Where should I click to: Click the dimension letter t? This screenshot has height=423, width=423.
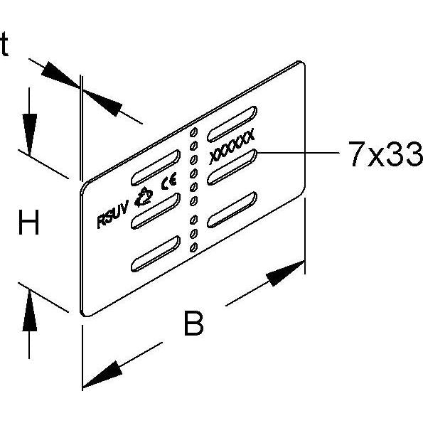pyautogui.click(x=4, y=44)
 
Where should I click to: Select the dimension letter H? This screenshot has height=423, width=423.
pyautogui.click(x=29, y=223)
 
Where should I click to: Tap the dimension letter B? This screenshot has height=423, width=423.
pyautogui.click(x=193, y=323)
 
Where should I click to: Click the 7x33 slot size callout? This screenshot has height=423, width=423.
pyautogui.click(x=385, y=154)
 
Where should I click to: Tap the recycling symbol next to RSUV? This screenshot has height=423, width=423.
pyautogui.click(x=143, y=197)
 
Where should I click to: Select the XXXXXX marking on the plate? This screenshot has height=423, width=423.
pyautogui.click(x=232, y=146)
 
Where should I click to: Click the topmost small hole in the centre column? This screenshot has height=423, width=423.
pyautogui.click(x=193, y=132)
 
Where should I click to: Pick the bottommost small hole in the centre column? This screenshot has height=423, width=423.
pyautogui.click(x=193, y=247)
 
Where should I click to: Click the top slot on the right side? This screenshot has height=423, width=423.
pyautogui.click(x=232, y=124)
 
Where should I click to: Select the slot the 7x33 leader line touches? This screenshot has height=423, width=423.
pyautogui.click(x=232, y=167)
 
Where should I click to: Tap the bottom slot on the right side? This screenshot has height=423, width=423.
pyautogui.click(x=232, y=210)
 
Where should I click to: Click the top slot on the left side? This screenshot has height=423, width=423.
pyautogui.click(x=156, y=168)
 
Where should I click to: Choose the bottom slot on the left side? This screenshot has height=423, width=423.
pyautogui.click(x=156, y=254)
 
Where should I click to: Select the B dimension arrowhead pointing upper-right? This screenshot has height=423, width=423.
pyautogui.click(x=285, y=273)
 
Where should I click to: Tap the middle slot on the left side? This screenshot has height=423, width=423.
pyautogui.click(x=156, y=210)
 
